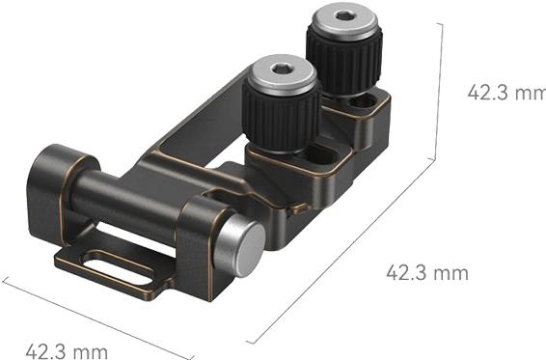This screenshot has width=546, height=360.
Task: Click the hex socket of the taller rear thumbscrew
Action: [x=344, y=16]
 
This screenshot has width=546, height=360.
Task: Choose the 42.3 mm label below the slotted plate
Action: [x=66, y=348]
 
